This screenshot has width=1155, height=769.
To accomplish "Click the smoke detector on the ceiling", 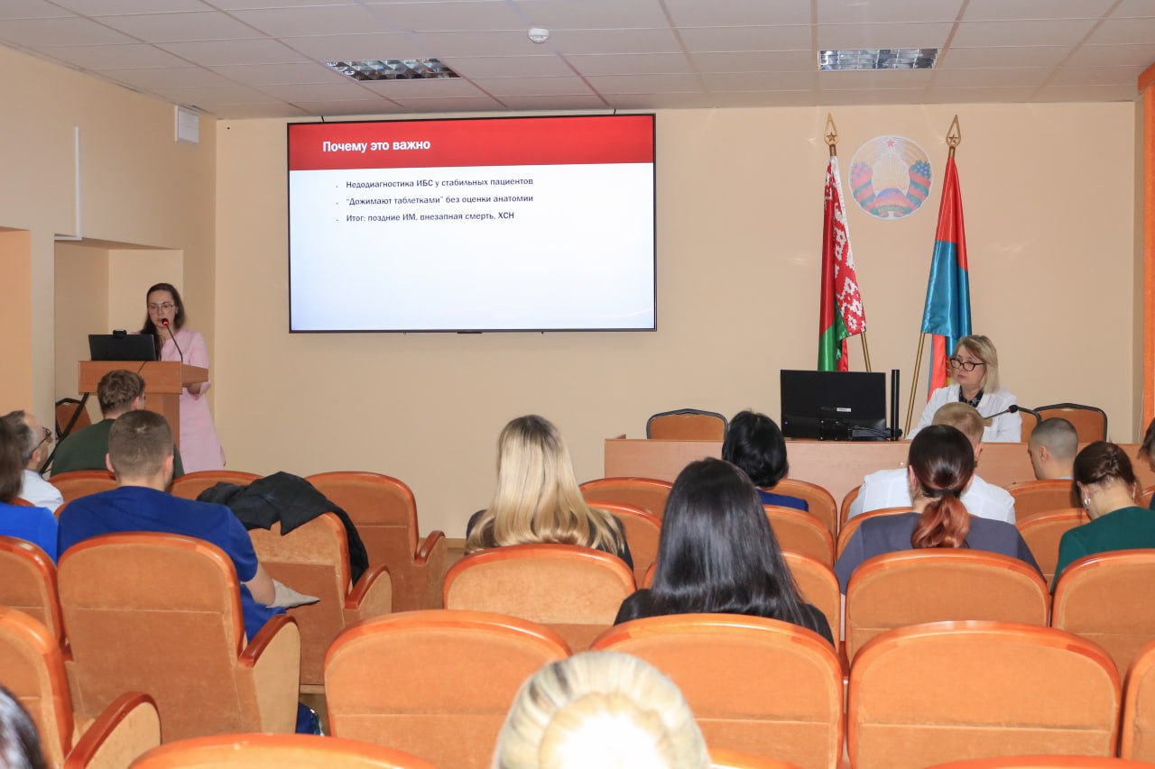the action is [x=539, y=35].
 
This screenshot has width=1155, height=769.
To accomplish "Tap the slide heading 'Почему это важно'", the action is [x=376, y=146].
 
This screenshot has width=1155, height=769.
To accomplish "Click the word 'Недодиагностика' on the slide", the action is [x=380, y=183].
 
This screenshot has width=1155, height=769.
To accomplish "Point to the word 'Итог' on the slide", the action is [x=355, y=218].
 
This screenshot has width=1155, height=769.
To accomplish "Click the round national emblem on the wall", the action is [x=891, y=177].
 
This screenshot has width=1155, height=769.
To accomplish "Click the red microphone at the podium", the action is [x=165, y=323].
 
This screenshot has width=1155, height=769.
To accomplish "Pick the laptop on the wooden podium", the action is [x=122, y=347].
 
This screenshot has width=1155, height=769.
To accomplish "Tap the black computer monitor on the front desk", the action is [x=833, y=404].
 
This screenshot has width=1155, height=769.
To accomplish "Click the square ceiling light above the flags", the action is [x=878, y=59].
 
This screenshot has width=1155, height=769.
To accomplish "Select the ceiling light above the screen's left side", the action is [x=393, y=69].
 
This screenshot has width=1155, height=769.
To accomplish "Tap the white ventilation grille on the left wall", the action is [x=187, y=124].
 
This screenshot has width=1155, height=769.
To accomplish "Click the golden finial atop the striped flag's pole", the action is [x=953, y=132].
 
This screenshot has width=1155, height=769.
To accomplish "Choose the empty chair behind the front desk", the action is [x=687, y=425].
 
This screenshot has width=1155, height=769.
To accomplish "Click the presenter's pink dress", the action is [x=196, y=402].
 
